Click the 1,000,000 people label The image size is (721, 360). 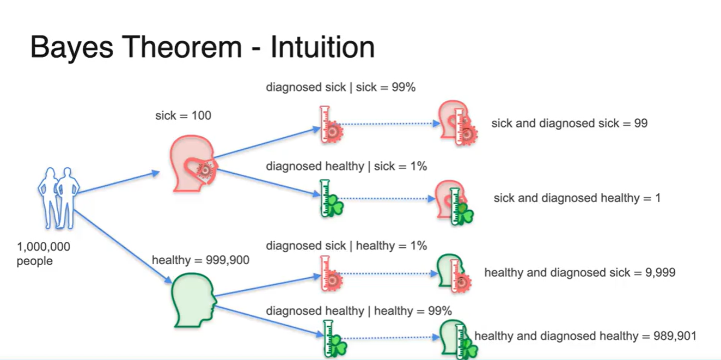(43, 253)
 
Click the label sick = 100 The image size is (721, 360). (184, 115)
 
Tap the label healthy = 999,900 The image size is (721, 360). (200, 260)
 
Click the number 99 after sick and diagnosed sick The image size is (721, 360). (640, 123)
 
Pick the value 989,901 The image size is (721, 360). (675, 335)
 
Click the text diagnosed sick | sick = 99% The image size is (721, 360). (340, 87)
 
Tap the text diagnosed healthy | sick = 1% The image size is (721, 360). (346, 166)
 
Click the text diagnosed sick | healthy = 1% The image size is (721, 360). (346, 246)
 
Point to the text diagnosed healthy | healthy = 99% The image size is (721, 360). (359, 311)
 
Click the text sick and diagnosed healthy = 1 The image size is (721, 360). (577, 198)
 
